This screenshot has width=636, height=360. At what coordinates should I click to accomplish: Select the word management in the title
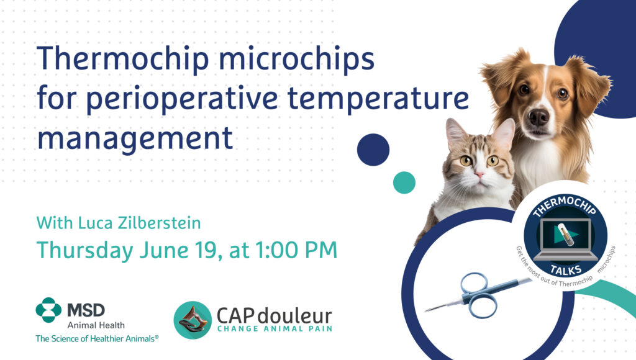coord(135,138)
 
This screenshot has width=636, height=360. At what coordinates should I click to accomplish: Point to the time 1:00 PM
coord(296,250)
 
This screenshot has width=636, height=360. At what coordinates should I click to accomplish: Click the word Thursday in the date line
coord(84,251)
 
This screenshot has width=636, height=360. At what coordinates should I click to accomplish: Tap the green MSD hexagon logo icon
coord(48,310)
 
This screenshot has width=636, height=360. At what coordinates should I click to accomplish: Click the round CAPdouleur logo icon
coord(193,320)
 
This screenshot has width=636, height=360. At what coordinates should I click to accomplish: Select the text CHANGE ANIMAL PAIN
coord(275,329)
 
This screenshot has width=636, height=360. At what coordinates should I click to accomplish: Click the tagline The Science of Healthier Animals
coord(97,338)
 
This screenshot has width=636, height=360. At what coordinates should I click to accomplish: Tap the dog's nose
coord(539,117)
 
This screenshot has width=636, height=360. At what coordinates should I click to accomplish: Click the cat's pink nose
coord(479,175)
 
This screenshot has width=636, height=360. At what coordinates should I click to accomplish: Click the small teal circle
coord(404,182)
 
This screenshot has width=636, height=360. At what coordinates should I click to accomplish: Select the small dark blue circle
coord(373,150)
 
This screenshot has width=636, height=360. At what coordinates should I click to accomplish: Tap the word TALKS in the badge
coord(566,269)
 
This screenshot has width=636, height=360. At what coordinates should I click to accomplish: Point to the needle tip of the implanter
coord(425,311)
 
